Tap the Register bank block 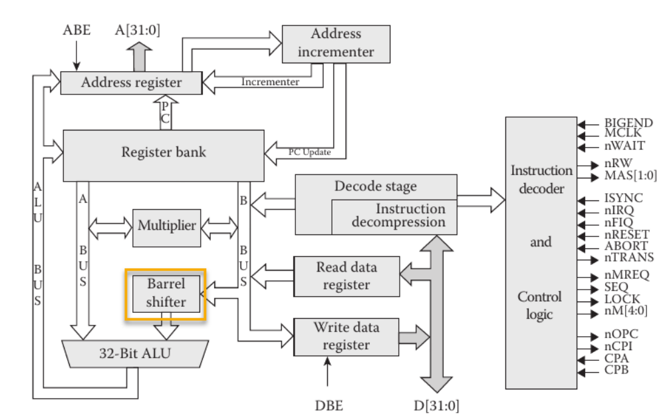(x=163, y=152)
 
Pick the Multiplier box (x=166, y=225)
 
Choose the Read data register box (x=346, y=276)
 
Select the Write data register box (x=346, y=336)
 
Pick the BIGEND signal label (x=628, y=123)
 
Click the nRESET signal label (x=627, y=235)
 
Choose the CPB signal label (x=616, y=369)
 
